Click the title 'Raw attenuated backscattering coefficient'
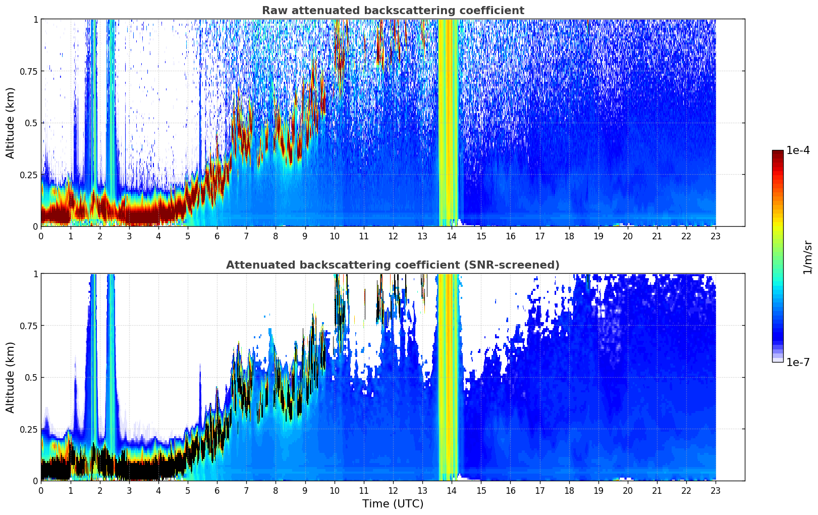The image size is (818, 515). point(393,11)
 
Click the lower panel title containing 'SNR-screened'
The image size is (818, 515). point(393,265)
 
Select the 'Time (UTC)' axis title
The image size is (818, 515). point(393,504)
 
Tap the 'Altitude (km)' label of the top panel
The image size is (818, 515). point(11,123)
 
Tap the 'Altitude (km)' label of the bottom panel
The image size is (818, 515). point(11,377)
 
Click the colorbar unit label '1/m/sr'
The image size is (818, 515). point(807,257)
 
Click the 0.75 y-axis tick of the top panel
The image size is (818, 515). point(29,71)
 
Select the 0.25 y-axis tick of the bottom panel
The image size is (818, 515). point(29,429)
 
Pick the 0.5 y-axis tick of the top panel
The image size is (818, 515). point(31,123)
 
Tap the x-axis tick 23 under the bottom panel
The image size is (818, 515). point(716,490)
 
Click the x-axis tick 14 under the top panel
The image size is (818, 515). point(452,236)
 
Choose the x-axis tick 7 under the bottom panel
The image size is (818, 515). point(246,490)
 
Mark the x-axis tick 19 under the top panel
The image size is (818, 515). point(598,236)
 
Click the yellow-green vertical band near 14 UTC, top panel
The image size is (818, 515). point(449,121)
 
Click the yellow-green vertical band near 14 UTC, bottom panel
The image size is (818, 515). point(449,376)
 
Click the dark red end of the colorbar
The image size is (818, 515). point(778,153)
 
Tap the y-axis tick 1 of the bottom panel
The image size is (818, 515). point(35,274)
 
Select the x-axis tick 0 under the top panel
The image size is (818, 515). point(41,236)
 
